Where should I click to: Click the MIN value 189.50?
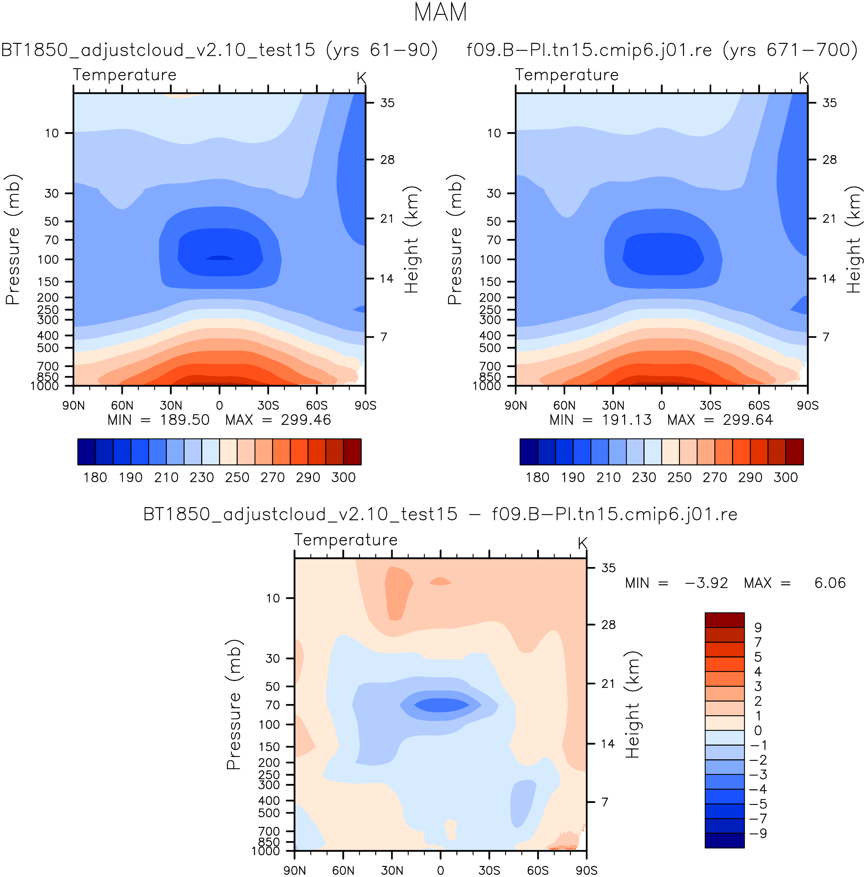184,419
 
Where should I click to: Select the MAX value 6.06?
830,582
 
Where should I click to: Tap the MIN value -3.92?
706,582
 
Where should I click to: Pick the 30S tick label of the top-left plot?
268,405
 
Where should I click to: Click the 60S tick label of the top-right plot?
759,405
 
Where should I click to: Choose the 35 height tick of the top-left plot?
387,103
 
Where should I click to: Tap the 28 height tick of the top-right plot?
829,159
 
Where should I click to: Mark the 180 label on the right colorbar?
537,477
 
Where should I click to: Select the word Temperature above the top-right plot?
566,74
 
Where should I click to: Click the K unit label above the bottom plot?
582,543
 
